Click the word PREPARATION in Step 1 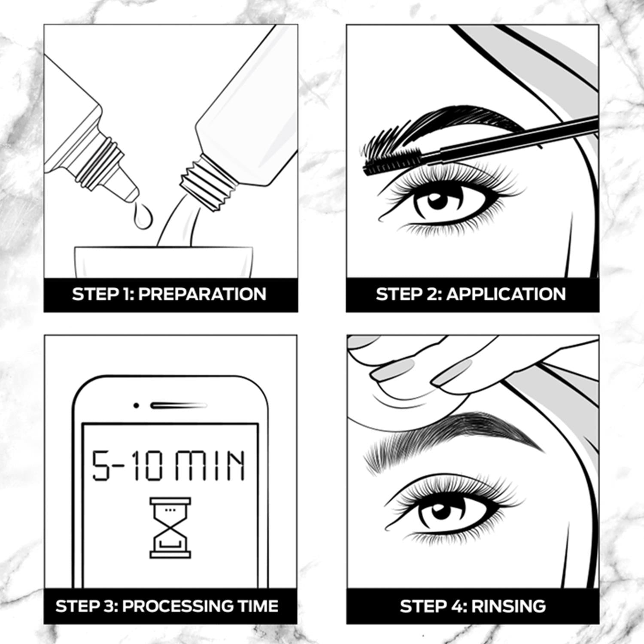202,295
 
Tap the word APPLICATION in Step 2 506,295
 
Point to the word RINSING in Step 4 509,606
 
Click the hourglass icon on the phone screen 170,528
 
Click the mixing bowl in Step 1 163,262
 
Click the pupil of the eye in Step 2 437,201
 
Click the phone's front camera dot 136,405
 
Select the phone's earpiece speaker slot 178,405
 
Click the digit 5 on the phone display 101,465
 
